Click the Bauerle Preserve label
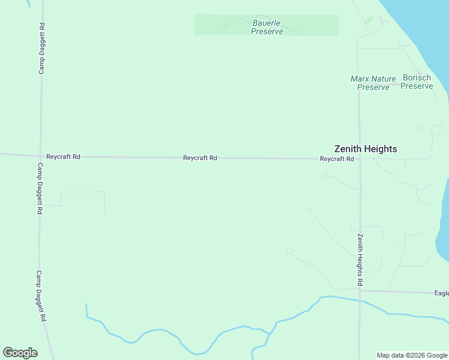tap(267, 27)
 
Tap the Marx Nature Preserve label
tap(373, 83)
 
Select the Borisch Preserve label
tap(417, 82)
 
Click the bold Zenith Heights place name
tap(366, 149)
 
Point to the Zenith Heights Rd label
tap(360, 259)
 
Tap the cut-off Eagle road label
tap(441, 293)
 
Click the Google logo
tap(20, 353)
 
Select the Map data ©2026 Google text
tap(412, 355)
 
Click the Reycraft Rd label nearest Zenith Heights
tap(337, 159)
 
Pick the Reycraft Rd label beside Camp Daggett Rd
tap(64, 157)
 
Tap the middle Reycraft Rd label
tap(200, 158)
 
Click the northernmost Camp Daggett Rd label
tap(42, 49)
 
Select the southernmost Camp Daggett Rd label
tap(41, 297)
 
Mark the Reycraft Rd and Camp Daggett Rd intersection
tap(40, 156)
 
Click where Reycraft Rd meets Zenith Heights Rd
tap(359, 159)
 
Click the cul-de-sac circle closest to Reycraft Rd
tap(326, 176)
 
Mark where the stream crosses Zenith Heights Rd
tap(360, 300)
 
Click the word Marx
tap(360, 79)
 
